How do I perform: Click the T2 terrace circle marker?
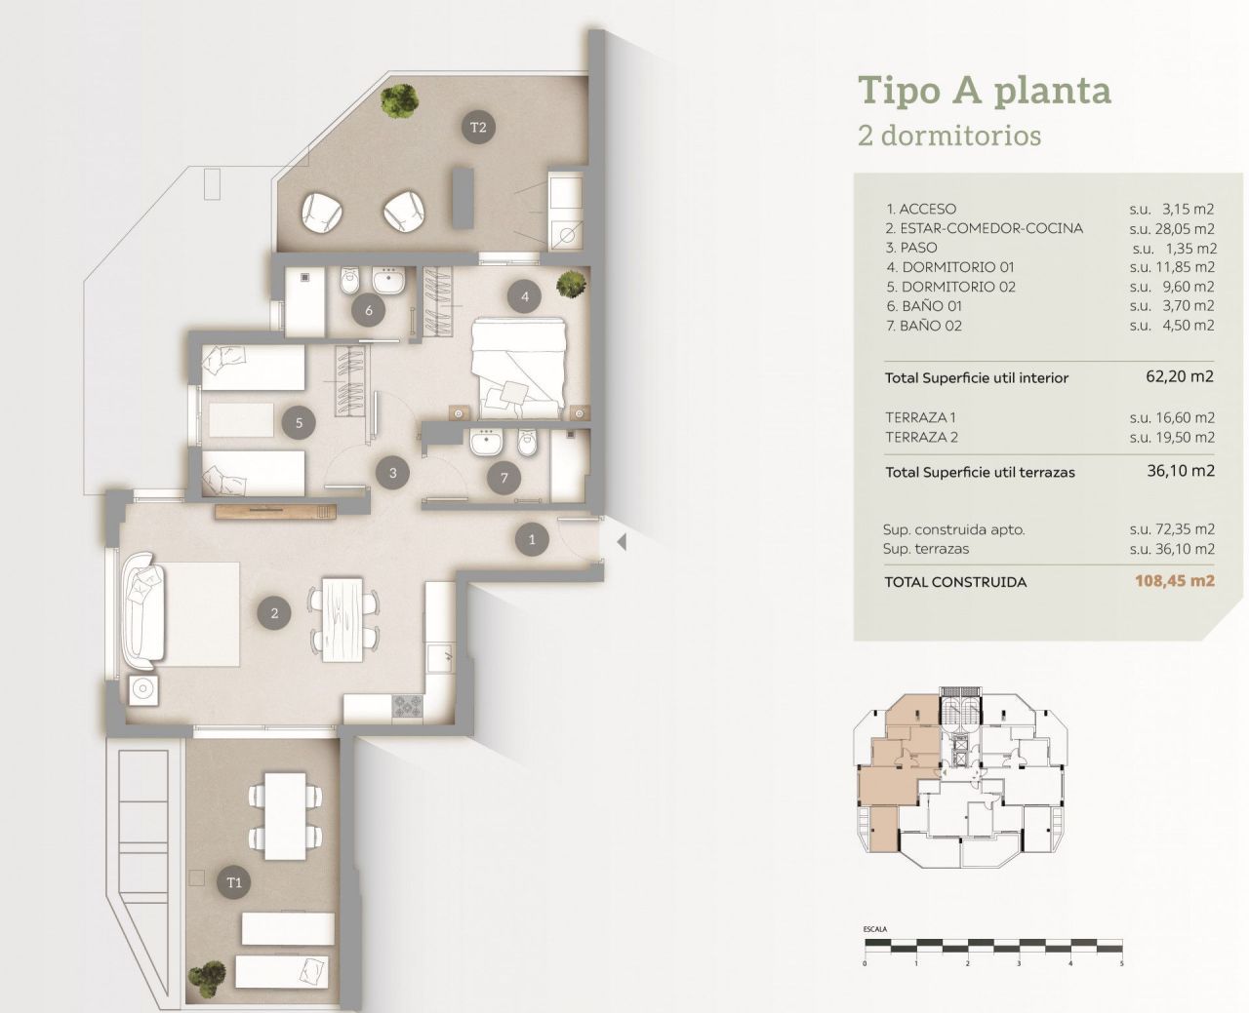478,127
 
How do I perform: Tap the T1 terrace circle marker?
234,883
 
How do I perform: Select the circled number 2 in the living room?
275,613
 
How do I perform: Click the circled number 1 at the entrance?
532,539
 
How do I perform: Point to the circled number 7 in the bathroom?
504,478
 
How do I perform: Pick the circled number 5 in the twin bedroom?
300,423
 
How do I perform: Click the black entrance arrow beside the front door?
618,541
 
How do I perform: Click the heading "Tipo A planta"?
984,91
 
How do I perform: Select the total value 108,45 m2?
1174,581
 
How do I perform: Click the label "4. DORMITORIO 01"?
950,267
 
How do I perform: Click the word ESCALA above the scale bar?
875,929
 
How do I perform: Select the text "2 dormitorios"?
948,136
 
